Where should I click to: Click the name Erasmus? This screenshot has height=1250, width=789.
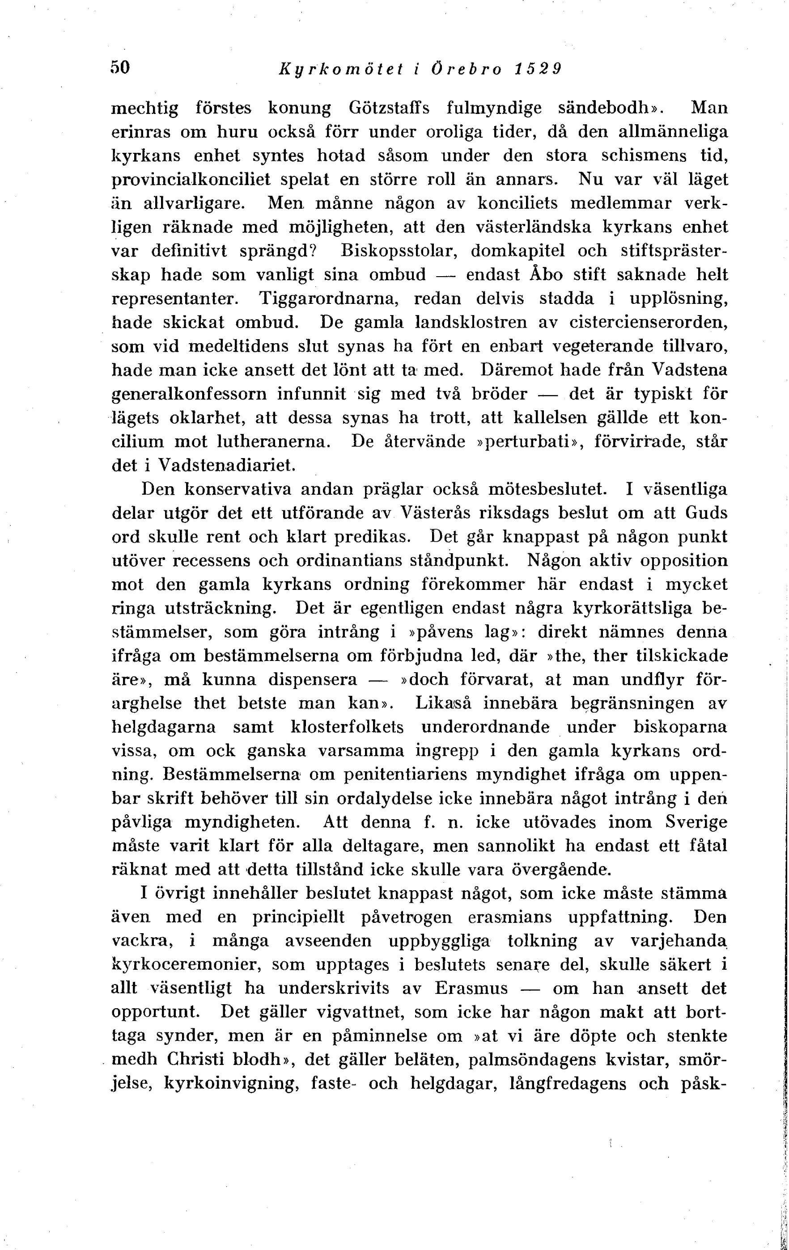pos(471,988)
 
